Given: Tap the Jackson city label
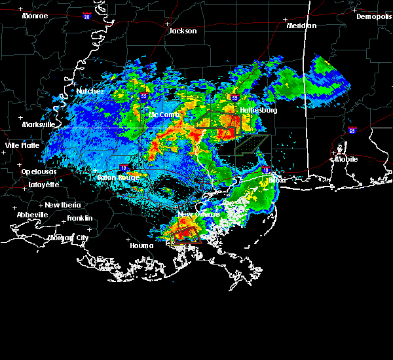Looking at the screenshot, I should [183, 31].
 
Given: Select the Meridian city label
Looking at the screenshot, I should [301, 26].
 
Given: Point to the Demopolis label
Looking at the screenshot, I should [373, 17].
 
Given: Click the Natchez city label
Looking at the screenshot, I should [89, 92].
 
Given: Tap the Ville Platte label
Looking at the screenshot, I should [22, 145].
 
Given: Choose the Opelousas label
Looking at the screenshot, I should [39, 171].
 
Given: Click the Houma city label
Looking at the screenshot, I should [141, 246].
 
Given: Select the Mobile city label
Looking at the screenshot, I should [347, 159].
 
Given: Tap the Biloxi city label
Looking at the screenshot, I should [278, 180].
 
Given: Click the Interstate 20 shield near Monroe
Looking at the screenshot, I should [87, 17].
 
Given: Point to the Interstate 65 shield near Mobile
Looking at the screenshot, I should [352, 130].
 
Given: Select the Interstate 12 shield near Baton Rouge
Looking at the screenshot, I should [123, 168].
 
